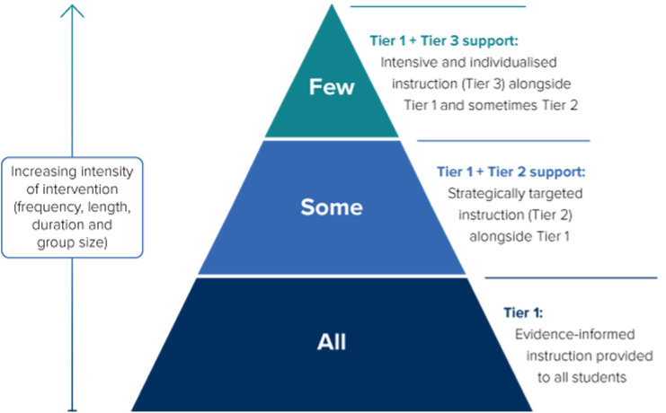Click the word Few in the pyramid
[x=332, y=87]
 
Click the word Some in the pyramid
[x=331, y=207]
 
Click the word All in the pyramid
[x=331, y=342]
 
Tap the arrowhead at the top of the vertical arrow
[x=73, y=11]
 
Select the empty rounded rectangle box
[x=72, y=207]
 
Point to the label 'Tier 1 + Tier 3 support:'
[x=444, y=40]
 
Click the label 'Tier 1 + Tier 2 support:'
[x=511, y=171]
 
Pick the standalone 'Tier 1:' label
[x=522, y=313]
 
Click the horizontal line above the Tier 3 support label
[x=437, y=6]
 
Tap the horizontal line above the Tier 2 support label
[x=503, y=141]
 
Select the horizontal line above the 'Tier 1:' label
[x=571, y=278]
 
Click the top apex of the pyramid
[x=332, y=5]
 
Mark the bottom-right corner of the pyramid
[x=532, y=410]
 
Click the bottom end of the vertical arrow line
[x=73, y=409]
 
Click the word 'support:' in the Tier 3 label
[x=491, y=40]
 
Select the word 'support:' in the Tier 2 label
[x=557, y=171]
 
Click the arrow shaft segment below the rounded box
[x=73, y=332]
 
